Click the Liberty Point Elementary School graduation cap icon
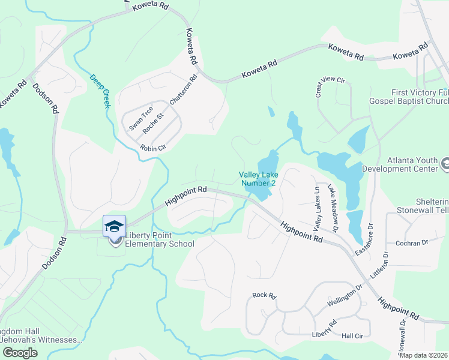point(114,226)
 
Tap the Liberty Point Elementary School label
point(159,244)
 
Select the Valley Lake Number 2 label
point(258,179)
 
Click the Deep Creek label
point(101,91)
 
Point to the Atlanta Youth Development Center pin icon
point(445,163)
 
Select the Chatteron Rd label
point(183,91)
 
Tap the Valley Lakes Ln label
point(316,209)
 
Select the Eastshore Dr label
point(361,240)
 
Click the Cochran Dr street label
point(411,243)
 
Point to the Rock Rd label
point(264,295)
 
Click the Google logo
point(20,353)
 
